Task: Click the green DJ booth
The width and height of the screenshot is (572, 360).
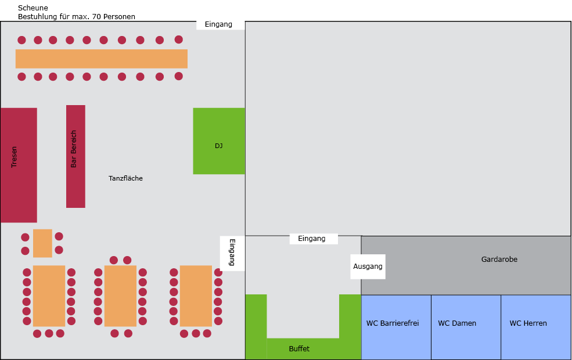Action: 219,141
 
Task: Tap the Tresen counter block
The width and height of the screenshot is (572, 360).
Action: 19,165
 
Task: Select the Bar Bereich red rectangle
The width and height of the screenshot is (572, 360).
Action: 75,156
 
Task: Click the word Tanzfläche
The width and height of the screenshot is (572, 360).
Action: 125,178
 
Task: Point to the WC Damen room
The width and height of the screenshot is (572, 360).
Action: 466,327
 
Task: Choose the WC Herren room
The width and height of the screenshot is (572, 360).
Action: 536,327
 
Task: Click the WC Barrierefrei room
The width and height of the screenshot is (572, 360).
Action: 396,327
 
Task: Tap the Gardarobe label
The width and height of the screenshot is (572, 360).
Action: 499,260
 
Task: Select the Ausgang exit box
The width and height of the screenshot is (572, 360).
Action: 368,267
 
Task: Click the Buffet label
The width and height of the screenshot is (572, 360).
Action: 299,349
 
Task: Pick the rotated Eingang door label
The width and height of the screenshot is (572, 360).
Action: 232,253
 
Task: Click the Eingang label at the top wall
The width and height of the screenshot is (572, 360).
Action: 218,24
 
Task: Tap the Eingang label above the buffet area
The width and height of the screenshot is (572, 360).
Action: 311,239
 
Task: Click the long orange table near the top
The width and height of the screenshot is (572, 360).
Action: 102,59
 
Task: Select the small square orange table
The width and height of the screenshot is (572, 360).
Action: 42,243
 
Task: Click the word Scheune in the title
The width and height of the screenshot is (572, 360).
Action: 33,8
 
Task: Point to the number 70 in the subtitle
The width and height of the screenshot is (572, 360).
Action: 96,16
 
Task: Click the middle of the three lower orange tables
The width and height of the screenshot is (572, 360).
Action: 120,296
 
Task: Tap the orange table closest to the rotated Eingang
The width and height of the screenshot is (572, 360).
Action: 196,296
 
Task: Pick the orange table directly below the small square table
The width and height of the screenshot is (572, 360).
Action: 49,296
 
